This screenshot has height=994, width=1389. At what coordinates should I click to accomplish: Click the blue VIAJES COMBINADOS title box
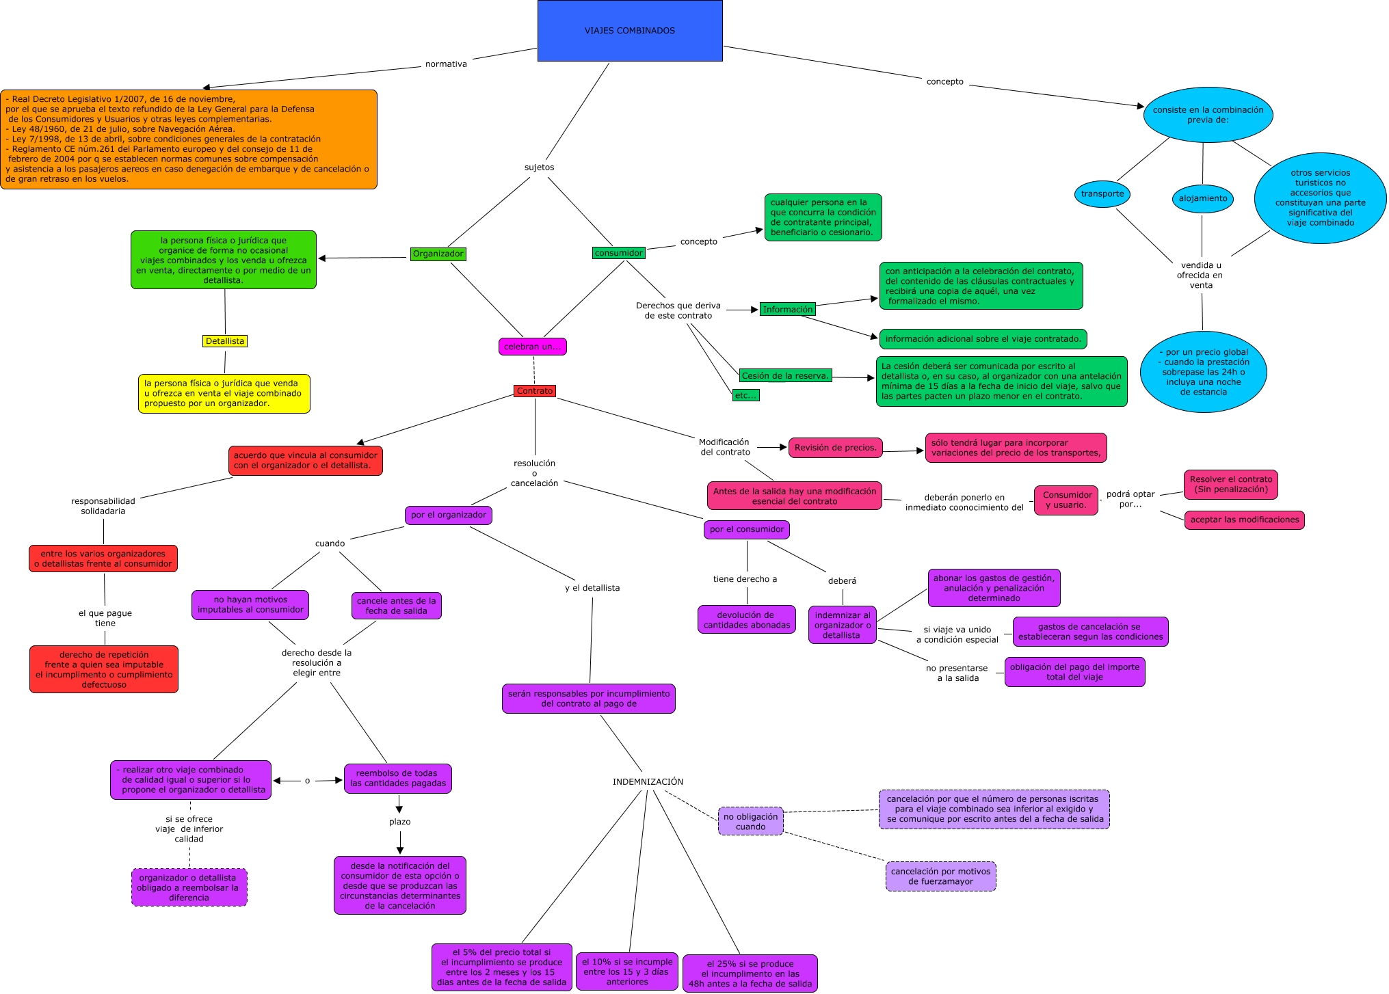(629, 31)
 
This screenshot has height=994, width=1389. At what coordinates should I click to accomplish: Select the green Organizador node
(438, 254)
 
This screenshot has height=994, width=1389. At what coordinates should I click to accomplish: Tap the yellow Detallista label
(224, 341)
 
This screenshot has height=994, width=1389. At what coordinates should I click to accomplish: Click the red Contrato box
(534, 391)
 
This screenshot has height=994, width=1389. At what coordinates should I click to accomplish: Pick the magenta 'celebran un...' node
(532, 347)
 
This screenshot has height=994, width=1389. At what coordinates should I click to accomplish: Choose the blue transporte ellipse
(1102, 193)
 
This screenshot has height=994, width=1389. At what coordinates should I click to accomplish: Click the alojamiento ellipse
(1202, 198)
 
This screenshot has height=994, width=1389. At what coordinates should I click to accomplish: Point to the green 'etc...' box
(745, 395)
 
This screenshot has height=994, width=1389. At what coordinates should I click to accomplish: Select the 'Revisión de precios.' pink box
(835, 448)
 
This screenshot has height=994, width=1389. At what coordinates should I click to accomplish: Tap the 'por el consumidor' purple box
(746, 529)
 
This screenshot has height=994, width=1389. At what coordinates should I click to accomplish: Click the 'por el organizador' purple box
(448, 515)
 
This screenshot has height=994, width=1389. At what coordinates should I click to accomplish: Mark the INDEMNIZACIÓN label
(648, 781)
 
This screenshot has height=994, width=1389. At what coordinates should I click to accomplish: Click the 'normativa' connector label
(446, 64)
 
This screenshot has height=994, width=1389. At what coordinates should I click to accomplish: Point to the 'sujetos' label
(539, 167)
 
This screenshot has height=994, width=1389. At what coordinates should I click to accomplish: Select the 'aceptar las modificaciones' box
(1244, 520)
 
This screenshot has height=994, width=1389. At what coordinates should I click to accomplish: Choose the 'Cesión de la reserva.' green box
(785, 375)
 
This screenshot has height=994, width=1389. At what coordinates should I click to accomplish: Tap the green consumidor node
(618, 253)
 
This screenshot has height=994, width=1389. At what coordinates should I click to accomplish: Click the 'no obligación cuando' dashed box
(750, 821)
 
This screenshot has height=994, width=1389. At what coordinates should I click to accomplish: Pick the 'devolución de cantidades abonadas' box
(746, 619)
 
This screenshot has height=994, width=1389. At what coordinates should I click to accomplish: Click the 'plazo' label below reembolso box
(399, 822)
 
